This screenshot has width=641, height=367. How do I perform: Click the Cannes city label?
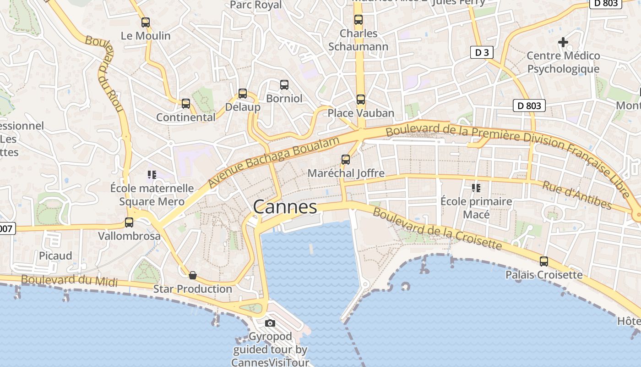coord(285,207)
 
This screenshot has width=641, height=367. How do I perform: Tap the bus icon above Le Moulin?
coord(146,22)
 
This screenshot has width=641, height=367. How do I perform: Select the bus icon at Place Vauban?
coord(361,100)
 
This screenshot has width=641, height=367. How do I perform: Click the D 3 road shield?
coord(482,52)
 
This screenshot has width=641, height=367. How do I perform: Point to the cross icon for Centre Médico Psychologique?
coord(563,42)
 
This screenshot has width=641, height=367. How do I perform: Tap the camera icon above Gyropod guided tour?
coord(270,323)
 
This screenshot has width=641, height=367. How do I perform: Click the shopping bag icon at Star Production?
coord(193,275)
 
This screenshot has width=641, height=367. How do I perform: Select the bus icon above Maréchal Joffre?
coord(346,160)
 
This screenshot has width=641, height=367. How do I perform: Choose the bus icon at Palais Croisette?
coord(544,261)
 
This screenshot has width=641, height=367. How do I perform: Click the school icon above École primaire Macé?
coord(476,188)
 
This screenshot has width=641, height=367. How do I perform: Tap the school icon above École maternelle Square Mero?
coord(152,174)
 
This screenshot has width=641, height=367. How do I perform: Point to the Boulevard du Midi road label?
coord(70,280)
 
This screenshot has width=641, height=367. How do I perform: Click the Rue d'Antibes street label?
coord(577,195)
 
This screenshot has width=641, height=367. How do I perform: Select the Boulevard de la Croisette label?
coord(437,228)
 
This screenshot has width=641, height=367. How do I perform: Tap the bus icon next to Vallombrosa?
coord(129,222)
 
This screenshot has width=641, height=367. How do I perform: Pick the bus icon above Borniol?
coord(284,85)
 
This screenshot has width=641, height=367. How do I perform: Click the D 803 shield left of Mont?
coord(529,106)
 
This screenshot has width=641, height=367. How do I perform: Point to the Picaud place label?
coord(55,256)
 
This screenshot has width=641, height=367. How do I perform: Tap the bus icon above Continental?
coord(186,104)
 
